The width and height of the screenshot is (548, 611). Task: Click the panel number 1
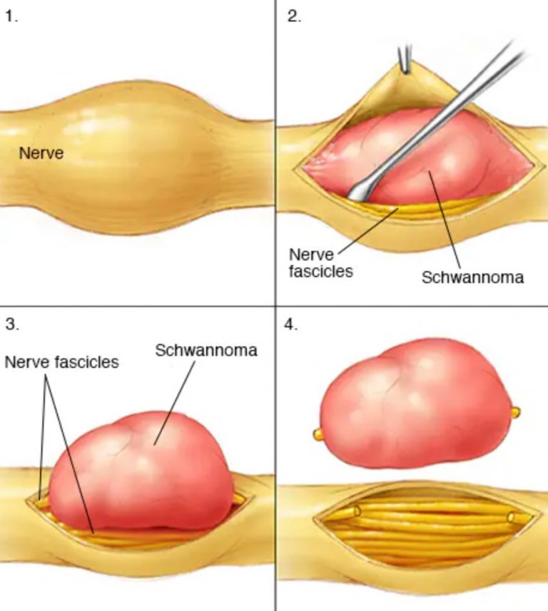click(x=11, y=17)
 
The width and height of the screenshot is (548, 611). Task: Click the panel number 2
click(x=294, y=17)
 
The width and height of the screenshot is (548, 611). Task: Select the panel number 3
click(x=12, y=324)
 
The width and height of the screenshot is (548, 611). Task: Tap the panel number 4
click(x=291, y=324)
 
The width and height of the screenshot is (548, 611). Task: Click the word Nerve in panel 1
click(x=41, y=153)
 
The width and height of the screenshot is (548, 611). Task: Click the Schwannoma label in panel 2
click(x=472, y=277)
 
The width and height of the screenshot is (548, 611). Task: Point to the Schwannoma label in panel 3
click(x=206, y=350)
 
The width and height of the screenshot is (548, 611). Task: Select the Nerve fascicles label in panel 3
click(x=61, y=362)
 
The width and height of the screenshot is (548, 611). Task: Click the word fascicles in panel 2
click(x=320, y=271)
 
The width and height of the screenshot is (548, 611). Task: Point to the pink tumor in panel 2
click(x=417, y=156)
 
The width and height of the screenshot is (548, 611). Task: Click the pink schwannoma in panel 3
click(x=141, y=471)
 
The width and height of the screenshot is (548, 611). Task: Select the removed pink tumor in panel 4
click(x=416, y=404)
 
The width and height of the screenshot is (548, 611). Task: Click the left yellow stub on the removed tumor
click(x=318, y=434)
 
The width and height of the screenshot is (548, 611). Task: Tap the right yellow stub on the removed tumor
click(x=514, y=412)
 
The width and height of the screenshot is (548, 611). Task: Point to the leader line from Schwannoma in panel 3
click(x=174, y=403)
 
